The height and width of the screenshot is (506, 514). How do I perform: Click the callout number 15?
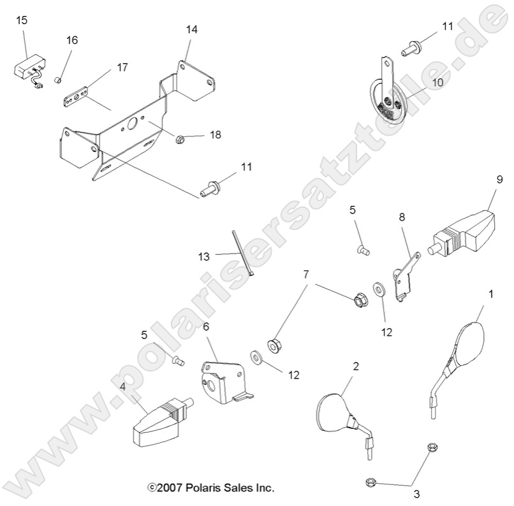click(21, 20)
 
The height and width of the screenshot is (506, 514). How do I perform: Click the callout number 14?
click(192, 29)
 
